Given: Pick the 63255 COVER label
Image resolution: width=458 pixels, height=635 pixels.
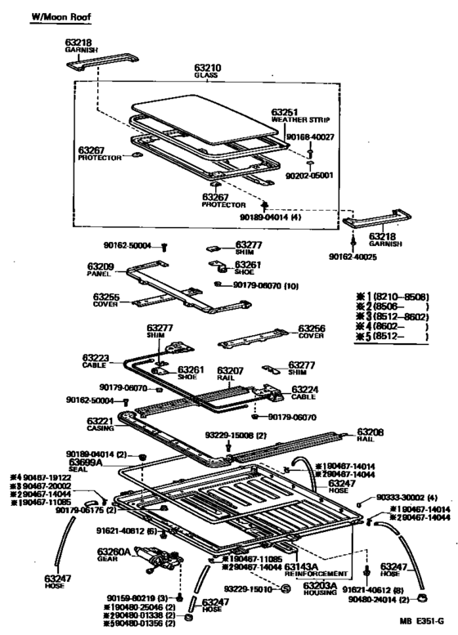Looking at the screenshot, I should [x=106, y=301].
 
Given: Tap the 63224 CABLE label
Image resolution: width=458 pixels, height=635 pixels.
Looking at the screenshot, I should [x=306, y=394].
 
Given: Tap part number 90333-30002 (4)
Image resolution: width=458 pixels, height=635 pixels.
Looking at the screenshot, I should [x=406, y=498].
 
